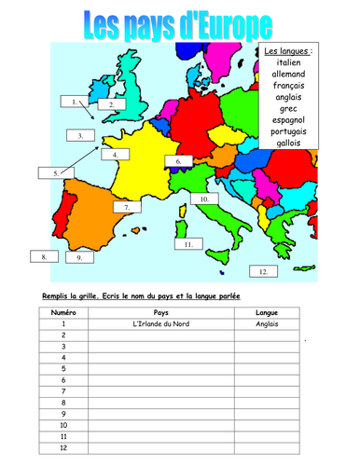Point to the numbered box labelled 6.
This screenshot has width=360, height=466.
click(177, 161)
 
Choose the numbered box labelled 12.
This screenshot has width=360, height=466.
click(263, 271)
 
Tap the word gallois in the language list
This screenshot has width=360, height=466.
click(287, 143)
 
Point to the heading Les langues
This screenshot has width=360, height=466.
click(287, 48)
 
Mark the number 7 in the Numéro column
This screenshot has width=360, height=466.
click(62, 391)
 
